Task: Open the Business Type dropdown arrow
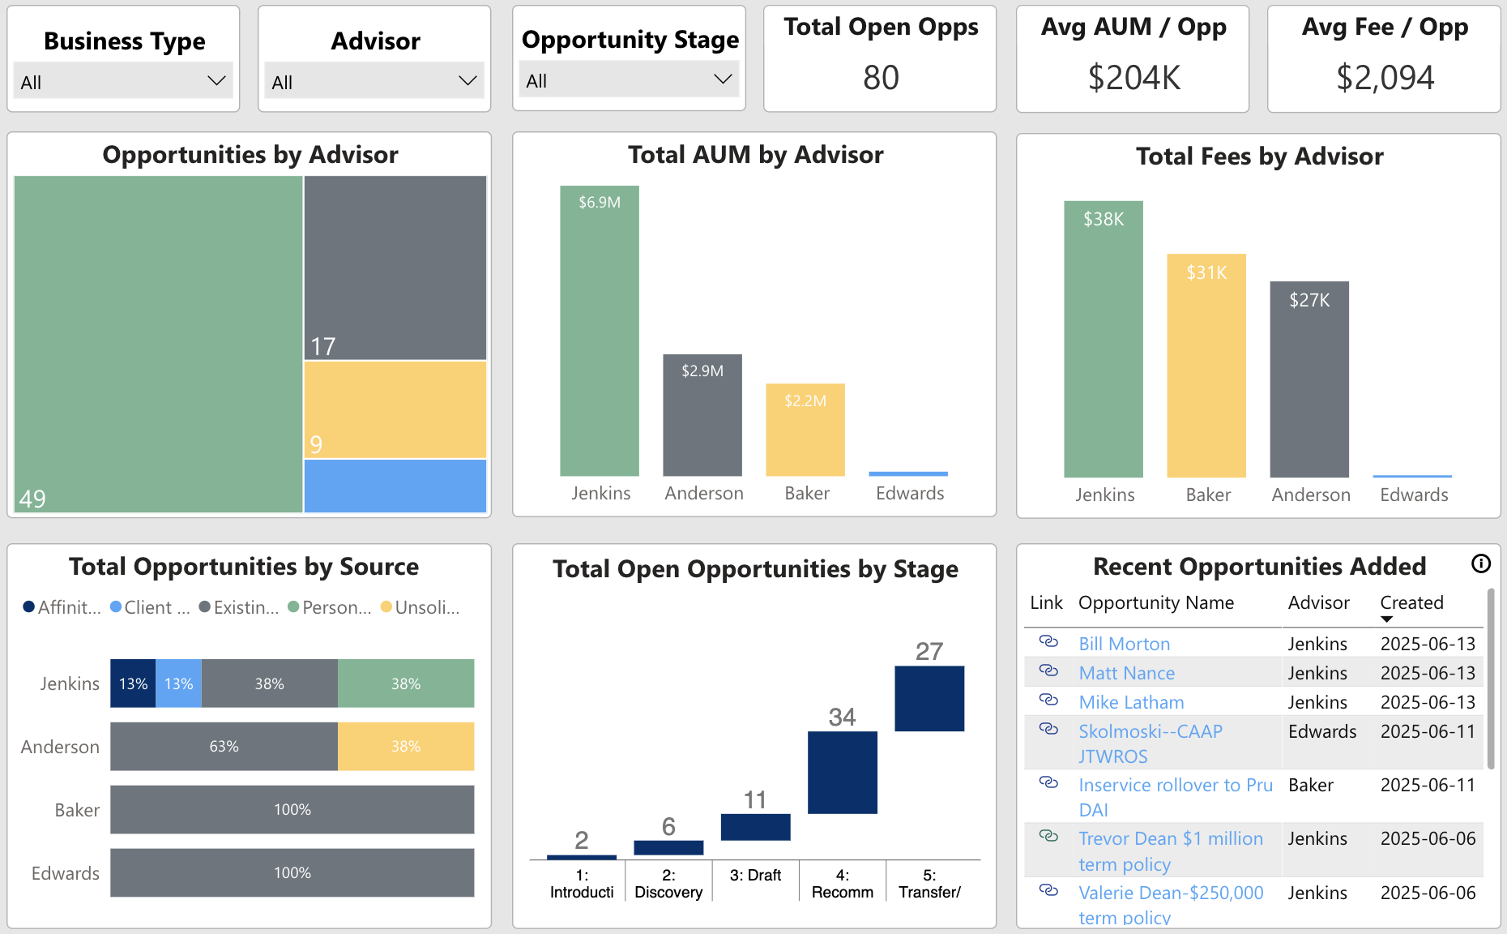tap(216, 81)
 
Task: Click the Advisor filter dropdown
tap(374, 81)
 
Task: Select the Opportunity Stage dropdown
tap(629, 80)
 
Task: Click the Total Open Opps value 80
tap(880, 78)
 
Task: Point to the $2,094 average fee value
tap(1384, 78)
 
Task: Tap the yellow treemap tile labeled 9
tap(395, 409)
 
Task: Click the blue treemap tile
tap(395, 486)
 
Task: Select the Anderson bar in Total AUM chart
tap(702, 415)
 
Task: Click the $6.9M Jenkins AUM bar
tap(599, 331)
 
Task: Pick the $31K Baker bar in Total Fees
tap(1206, 366)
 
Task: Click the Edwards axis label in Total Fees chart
tap(1413, 495)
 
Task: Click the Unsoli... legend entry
tap(421, 607)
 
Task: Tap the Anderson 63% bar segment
tap(224, 746)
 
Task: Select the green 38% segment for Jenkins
tap(405, 683)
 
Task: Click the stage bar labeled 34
tap(842, 772)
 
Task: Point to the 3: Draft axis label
tap(755, 876)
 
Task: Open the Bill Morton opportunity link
tap(1124, 644)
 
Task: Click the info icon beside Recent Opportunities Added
tap(1480, 563)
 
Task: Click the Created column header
tap(1411, 603)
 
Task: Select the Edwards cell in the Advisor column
tap(1321, 731)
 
